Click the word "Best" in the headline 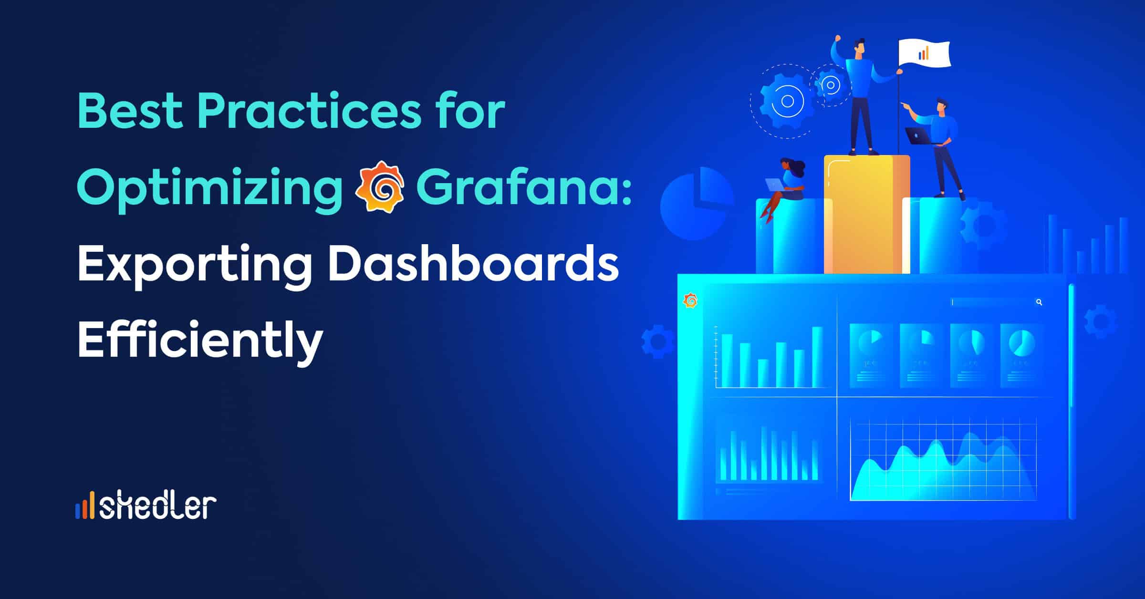130,111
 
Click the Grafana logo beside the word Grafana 380,186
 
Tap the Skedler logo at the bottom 146,506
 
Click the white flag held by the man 924,53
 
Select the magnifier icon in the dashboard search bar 1039,302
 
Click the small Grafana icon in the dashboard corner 690,300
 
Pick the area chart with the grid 944,460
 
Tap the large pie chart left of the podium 697,202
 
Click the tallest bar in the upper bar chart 817,357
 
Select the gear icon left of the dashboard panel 657,341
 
